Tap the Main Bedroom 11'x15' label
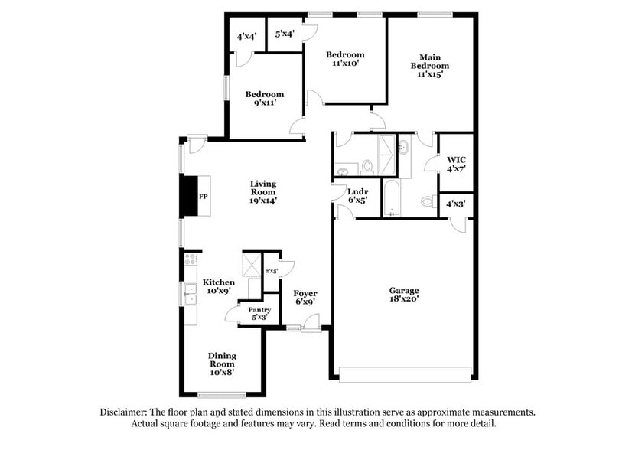point(433,66)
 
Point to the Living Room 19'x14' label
point(263,192)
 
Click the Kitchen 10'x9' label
point(218,287)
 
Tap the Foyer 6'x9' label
point(305,298)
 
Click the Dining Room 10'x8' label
point(222,364)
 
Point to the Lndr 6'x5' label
point(357,196)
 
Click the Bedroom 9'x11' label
point(265,99)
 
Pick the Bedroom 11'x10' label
point(345,59)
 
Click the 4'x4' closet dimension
point(246,36)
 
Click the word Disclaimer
point(126,412)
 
